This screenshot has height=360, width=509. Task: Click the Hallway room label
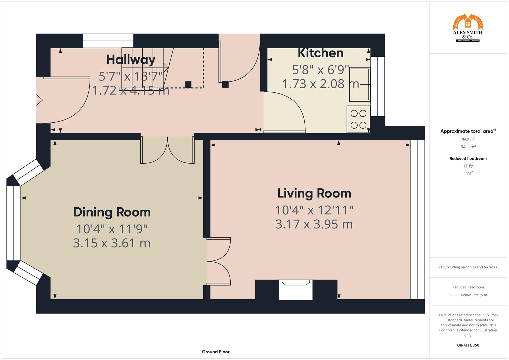(x=131, y=60)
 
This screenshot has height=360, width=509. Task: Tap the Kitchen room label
(x=320, y=53)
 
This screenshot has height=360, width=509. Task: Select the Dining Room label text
(x=112, y=212)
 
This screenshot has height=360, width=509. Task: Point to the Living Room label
(x=314, y=193)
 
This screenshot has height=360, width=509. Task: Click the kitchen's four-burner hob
(x=358, y=119)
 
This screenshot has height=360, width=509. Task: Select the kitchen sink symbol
(x=359, y=84)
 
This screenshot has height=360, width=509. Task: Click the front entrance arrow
(x=37, y=100)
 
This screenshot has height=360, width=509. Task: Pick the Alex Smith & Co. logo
(x=468, y=28)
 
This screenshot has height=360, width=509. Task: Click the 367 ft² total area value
(x=468, y=140)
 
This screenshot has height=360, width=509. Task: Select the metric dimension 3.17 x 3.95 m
(x=314, y=224)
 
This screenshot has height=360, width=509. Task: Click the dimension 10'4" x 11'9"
(x=112, y=229)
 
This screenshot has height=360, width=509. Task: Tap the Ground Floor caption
(x=215, y=352)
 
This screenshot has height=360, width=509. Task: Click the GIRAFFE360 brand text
(x=468, y=345)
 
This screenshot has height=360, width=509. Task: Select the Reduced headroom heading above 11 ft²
(x=468, y=159)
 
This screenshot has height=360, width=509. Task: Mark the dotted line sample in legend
(x=453, y=295)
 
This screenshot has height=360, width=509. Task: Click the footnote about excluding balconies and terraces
(x=468, y=267)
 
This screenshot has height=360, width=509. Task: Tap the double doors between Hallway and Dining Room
(x=167, y=151)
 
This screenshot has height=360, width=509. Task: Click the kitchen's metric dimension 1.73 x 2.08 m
(x=320, y=84)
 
